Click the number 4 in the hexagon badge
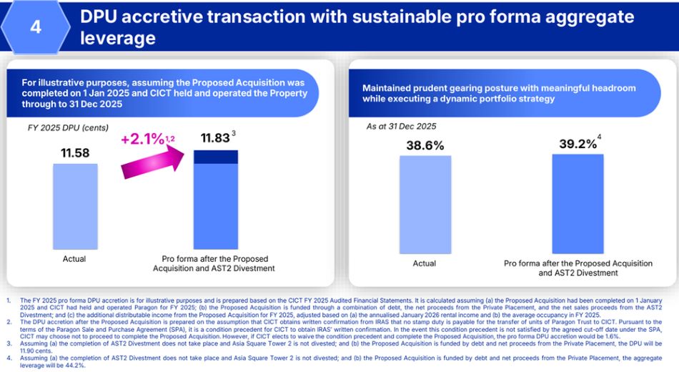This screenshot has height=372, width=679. coord(35,26)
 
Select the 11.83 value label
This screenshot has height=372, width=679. coord(215,138)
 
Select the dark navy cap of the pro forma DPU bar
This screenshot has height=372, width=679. coord(215,157)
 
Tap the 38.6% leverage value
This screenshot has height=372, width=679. coord(425,145)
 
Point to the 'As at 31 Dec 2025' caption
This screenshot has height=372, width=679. coord(401,127)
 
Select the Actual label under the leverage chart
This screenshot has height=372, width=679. coord(425,263)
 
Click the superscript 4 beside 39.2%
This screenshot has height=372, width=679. coord(600,137)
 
